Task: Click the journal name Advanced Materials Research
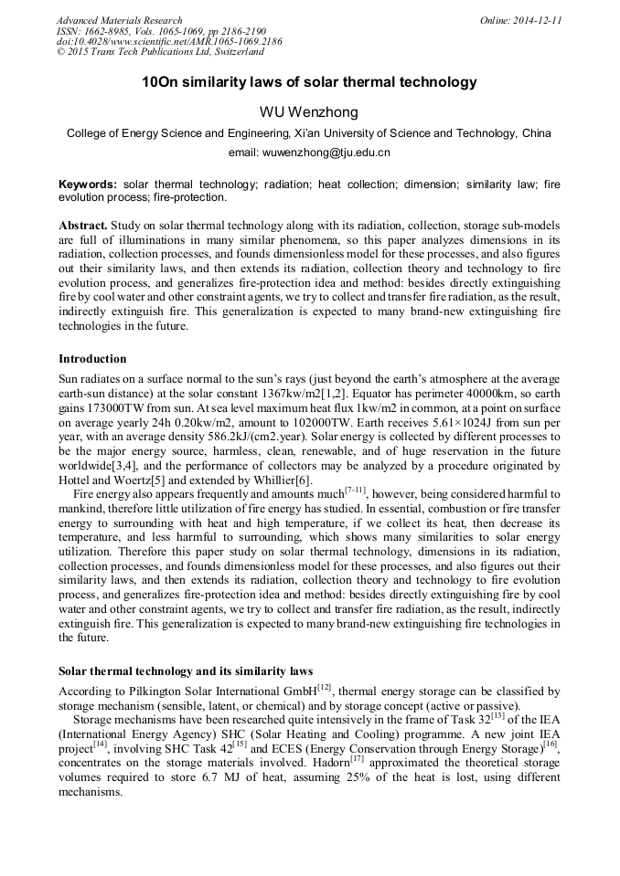(x=119, y=20)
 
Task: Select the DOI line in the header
(x=168, y=42)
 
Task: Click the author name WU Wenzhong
(x=309, y=112)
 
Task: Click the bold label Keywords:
(x=88, y=184)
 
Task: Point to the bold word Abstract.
(x=83, y=225)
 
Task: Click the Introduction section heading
(x=92, y=359)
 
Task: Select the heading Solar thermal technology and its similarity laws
(x=186, y=671)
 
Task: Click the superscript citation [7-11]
(x=356, y=490)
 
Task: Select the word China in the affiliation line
(x=536, y=133)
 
